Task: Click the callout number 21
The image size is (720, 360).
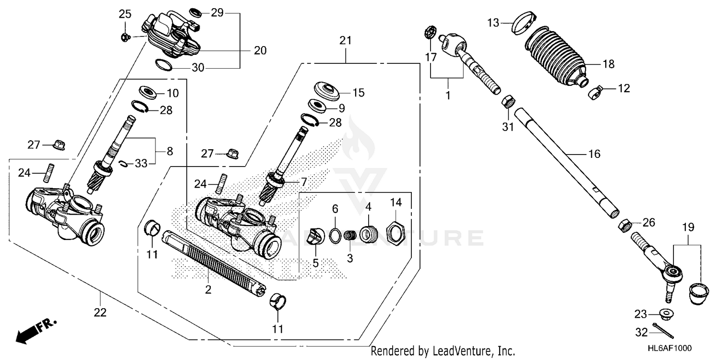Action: [346, 41]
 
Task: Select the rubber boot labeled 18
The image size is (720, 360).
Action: [555, 56]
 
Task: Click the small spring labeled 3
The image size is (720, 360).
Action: [350, 236]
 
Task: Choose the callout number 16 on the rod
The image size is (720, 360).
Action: [594, 154]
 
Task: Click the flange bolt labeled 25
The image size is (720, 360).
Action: [125, 36]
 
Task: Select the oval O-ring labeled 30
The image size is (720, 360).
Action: [163, 63]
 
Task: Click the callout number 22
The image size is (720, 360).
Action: [100, 312]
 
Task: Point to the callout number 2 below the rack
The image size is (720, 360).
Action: [208, 289]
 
